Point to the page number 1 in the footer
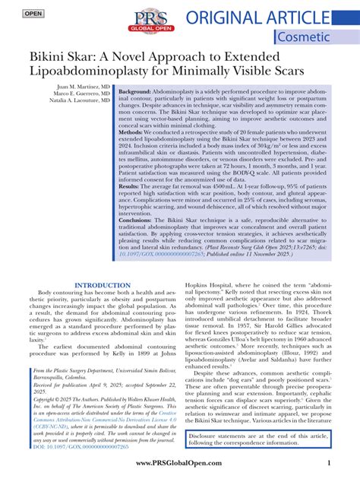(x=328, y=463)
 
